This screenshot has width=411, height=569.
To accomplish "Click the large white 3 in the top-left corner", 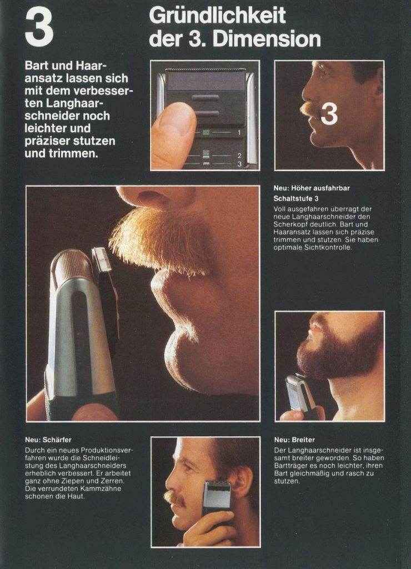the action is tap(39, 28).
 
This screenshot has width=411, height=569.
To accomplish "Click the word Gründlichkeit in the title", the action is tap(217, 16).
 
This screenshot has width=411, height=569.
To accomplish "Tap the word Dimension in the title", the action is tap(267, 39).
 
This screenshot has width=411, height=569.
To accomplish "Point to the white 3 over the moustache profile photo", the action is tap(329, 114).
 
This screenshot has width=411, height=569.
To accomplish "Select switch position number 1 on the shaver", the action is tap(239, 133).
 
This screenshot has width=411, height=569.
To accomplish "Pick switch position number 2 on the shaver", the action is tap(239, 156).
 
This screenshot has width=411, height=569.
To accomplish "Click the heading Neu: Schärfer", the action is tap(48, 440).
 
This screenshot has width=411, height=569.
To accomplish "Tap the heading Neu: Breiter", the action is tap(294, 440).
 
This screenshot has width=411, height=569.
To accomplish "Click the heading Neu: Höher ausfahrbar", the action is tap(312, 188).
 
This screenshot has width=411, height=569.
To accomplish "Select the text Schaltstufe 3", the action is tap(296, 198).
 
